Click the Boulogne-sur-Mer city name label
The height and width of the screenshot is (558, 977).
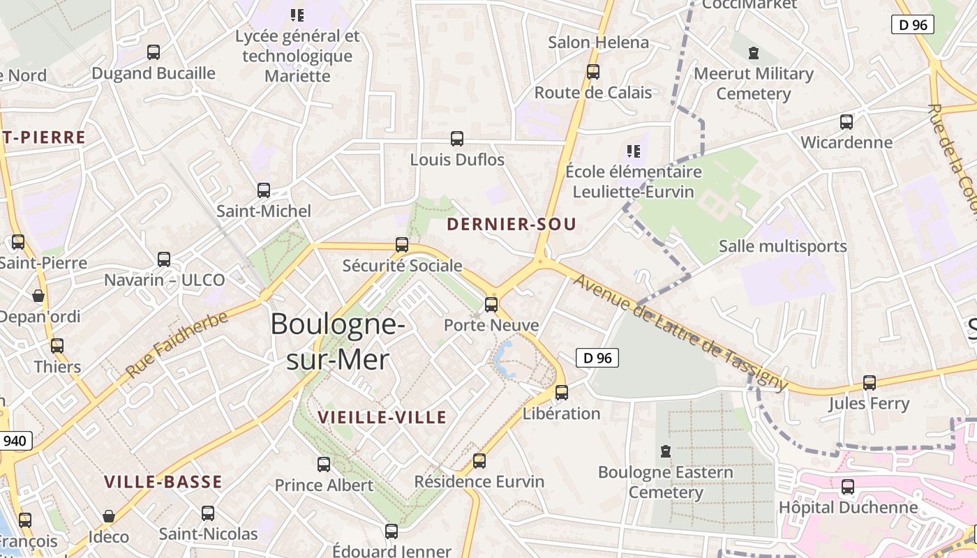coord(338,342)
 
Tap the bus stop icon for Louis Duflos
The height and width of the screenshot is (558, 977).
coord(457,138)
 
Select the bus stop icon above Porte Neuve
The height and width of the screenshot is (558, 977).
coord(491,304)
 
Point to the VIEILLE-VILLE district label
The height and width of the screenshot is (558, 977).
coord(382,417)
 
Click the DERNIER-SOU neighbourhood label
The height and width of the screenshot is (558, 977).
coord(512,224)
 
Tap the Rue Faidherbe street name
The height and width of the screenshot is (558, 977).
coord(177,345)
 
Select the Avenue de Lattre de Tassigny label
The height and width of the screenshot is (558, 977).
coord(680,333)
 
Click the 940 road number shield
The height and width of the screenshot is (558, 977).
coord(15,441)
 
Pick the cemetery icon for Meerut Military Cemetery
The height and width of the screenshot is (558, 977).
coord(753,53)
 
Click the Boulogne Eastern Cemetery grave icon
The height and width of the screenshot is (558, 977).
coord(666,451)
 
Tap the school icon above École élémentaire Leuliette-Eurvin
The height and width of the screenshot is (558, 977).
coord(634,151)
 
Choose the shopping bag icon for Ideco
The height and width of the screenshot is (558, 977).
coord(108,516)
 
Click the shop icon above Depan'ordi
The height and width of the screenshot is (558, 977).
coord(38,296)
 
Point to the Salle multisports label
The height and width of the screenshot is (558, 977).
coord(782,246)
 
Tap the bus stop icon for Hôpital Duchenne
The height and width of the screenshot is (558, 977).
coord(848,486)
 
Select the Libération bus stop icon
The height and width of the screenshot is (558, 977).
coord(562,392)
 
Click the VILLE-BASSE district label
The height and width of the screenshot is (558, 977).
coord(163,481)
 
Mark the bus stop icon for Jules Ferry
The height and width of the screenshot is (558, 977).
coord(869,382)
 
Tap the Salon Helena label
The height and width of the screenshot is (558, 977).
coord(598,43)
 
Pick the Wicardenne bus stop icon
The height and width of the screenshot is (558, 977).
coord(847,121)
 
